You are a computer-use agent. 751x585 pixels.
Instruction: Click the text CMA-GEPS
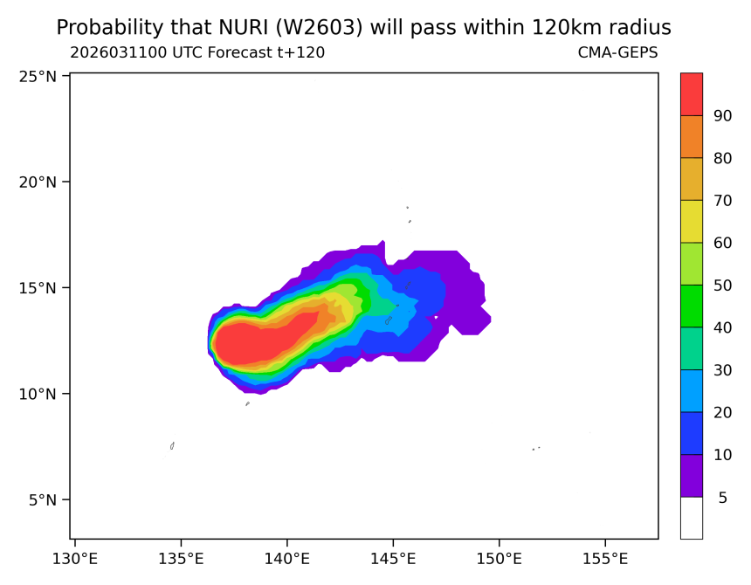pos(617,52)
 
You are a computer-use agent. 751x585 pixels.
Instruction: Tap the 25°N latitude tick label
pos(38,76)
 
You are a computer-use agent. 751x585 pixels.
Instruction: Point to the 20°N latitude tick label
pos(38,182)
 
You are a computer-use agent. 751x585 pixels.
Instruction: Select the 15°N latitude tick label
pos(38,288)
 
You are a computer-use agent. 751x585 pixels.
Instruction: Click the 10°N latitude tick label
pos(38,394)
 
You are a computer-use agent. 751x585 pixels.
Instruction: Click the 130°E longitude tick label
pos(74,558)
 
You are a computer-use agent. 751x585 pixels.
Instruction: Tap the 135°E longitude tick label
pos(181,558)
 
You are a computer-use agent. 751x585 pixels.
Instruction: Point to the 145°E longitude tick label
pos(393,558)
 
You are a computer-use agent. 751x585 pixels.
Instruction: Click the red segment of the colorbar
pos(691,93)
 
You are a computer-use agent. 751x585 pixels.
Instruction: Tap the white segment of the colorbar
pos(691,518)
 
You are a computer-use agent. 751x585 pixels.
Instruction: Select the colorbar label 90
pos(722,115)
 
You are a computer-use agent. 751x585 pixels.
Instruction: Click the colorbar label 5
pos(722,498)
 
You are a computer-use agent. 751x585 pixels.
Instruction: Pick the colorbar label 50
pos(722,285)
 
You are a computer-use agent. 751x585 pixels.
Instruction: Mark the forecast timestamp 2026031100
pos(121,52)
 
